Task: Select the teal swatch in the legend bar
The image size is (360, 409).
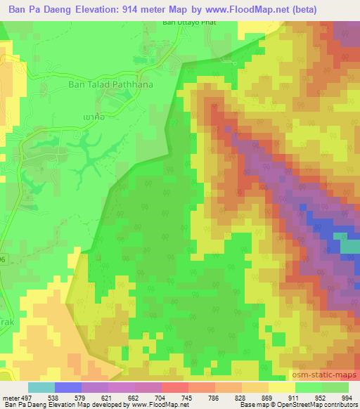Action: (x=41, y=387)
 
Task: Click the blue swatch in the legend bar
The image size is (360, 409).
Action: (x=68, y=387)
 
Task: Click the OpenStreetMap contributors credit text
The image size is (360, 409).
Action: (x=320, y=405)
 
